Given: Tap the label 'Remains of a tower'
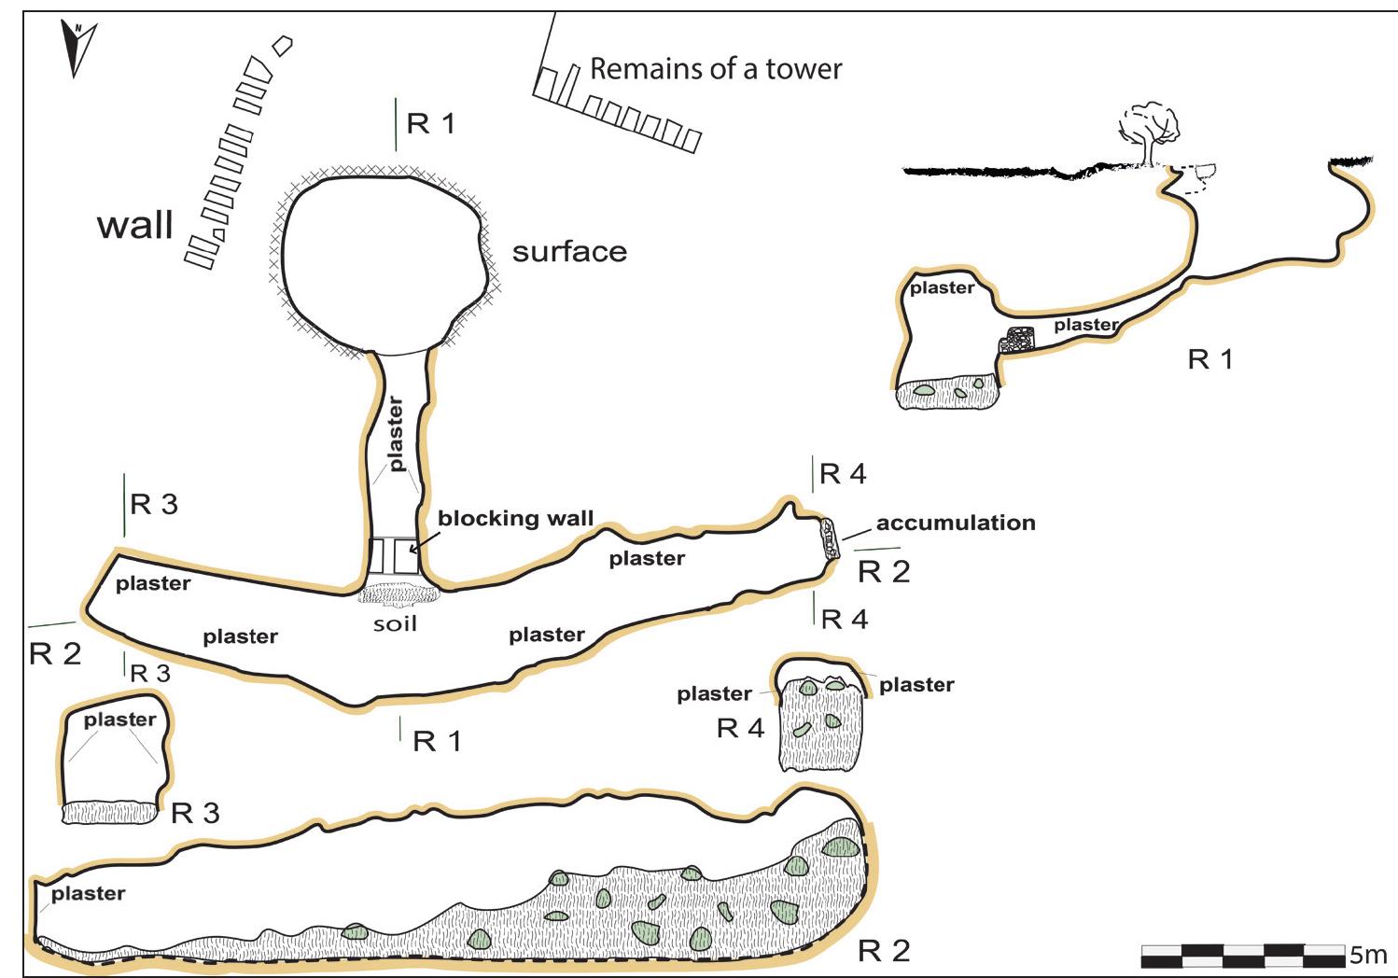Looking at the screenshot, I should [x=716, y=69].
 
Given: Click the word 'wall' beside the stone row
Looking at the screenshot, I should [x=135, y=225].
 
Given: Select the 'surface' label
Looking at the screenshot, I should [x=569, y=252].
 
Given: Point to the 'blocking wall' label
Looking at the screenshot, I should [x=515, y=519].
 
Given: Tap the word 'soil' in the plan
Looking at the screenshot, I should [x=395, y=623].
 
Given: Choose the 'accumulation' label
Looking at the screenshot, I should [x=956, y=523].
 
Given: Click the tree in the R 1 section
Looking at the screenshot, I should [x=1150, y=131].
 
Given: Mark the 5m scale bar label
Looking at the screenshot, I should [x=1367, y=955].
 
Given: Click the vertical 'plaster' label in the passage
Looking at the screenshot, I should [x=396, y=434].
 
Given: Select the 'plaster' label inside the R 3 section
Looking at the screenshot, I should [x=119, y=720].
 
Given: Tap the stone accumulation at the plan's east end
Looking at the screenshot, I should [x=828, y=538].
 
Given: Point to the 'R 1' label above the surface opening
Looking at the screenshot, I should [x=430, y=123].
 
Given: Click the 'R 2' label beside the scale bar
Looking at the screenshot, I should [x=883, y=951].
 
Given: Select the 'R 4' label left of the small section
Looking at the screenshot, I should [x=740, y=728].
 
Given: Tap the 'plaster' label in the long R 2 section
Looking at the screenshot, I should [x=88, y=893].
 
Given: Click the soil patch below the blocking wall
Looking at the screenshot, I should [x=396, y=594].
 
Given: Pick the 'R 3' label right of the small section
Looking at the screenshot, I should [x=195, y=813].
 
